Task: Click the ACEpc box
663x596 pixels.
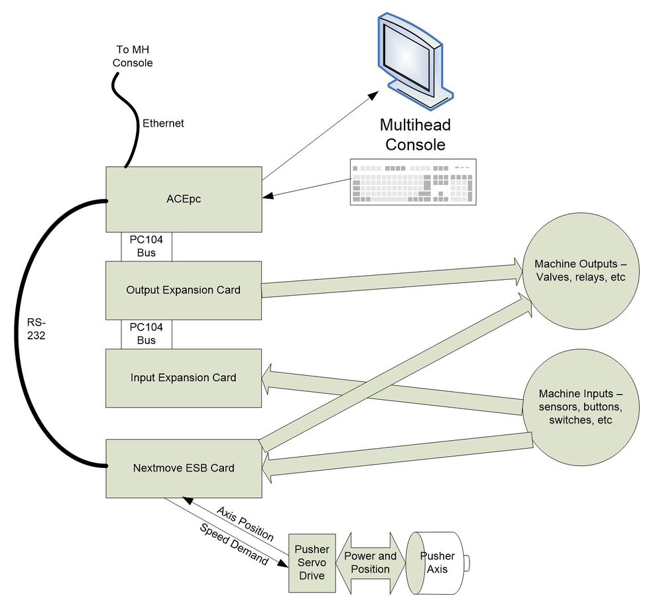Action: click(x=184, y=199)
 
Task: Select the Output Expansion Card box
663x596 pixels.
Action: click(x=184, y=290)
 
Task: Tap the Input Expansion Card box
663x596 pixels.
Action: click(x=184, y=378)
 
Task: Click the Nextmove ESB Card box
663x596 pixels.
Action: click(x=184, y=467)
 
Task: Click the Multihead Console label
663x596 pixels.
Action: click(x=412, y=135)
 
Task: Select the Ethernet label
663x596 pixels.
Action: click(x=163, y=123)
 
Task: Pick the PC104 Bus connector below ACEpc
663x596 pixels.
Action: click(x=147, y=246)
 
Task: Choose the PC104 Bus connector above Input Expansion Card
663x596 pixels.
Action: click(x=147, y=333)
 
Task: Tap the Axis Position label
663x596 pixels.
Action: click(x=245, y=523)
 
